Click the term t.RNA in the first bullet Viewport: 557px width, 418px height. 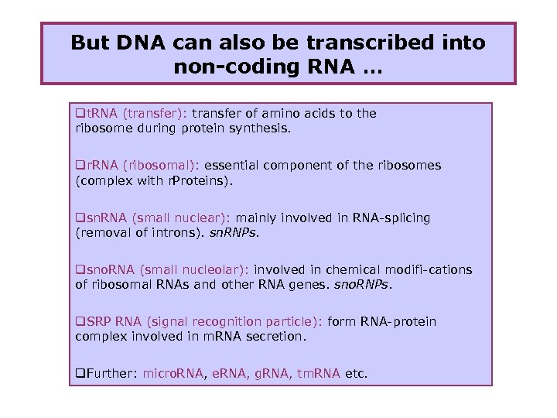click(97, 114)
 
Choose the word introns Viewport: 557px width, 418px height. click(179, 233)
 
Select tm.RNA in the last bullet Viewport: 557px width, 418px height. click(318, 374)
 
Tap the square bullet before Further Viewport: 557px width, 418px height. click(80, 374)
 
